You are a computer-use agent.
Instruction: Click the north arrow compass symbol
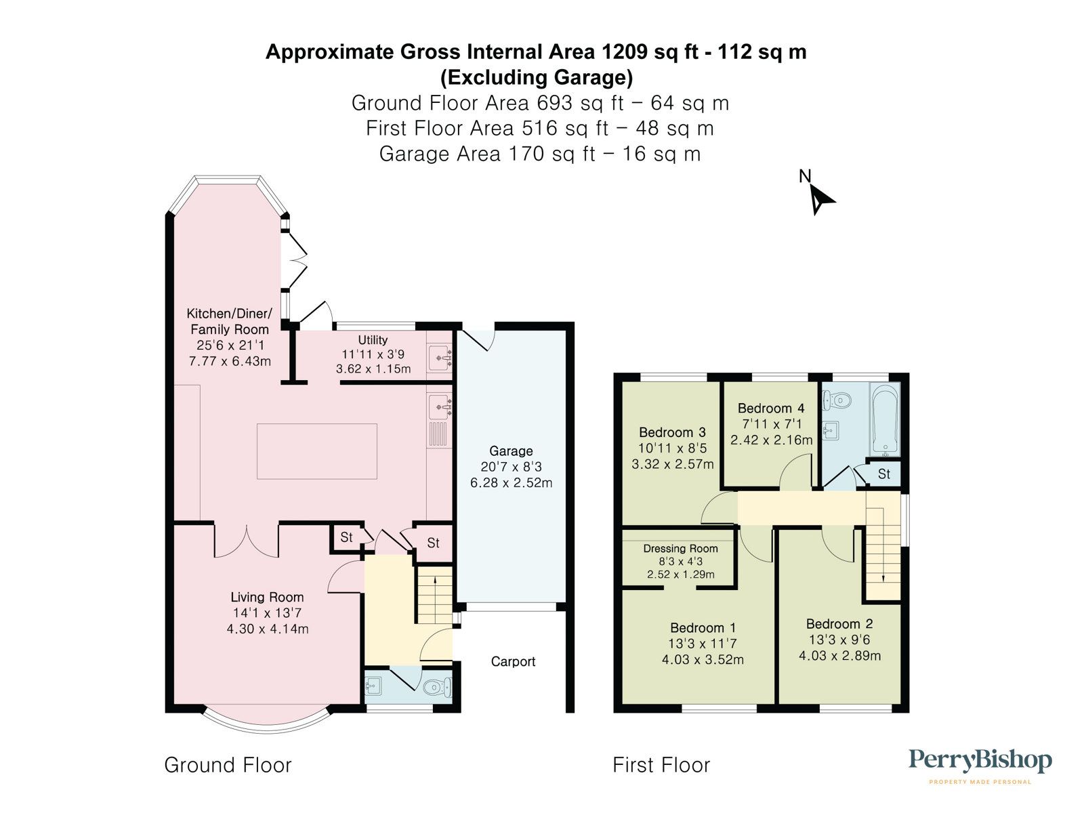coord(821,199)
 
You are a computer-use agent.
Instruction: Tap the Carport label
coord(513,661)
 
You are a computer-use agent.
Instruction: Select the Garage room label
coord(511,451)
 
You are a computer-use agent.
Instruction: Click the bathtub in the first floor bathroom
coord(885,419)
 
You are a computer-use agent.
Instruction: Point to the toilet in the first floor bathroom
coord(837,401)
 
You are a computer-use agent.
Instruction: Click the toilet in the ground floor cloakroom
coord(435,688)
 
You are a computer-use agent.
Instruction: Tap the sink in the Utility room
coord(440,358)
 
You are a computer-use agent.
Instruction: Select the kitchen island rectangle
coord(316,451)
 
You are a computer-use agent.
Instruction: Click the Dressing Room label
coord(680,549)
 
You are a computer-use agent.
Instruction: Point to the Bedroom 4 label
coord(771,409)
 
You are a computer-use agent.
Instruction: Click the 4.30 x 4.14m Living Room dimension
coord(268,629)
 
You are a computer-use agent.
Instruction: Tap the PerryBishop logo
coord(980,762)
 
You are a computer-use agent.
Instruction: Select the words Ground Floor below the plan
coord(228,766)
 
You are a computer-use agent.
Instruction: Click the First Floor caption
coord(661,766)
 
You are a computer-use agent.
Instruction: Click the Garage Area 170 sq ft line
coord(539,154)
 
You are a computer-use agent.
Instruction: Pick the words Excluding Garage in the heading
coord(537,78)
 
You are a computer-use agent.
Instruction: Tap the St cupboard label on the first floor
coord(883,474)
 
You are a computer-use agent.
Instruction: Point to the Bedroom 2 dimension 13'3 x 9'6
coord(839,640)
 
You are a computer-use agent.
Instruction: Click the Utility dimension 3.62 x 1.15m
coord(373,369)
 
